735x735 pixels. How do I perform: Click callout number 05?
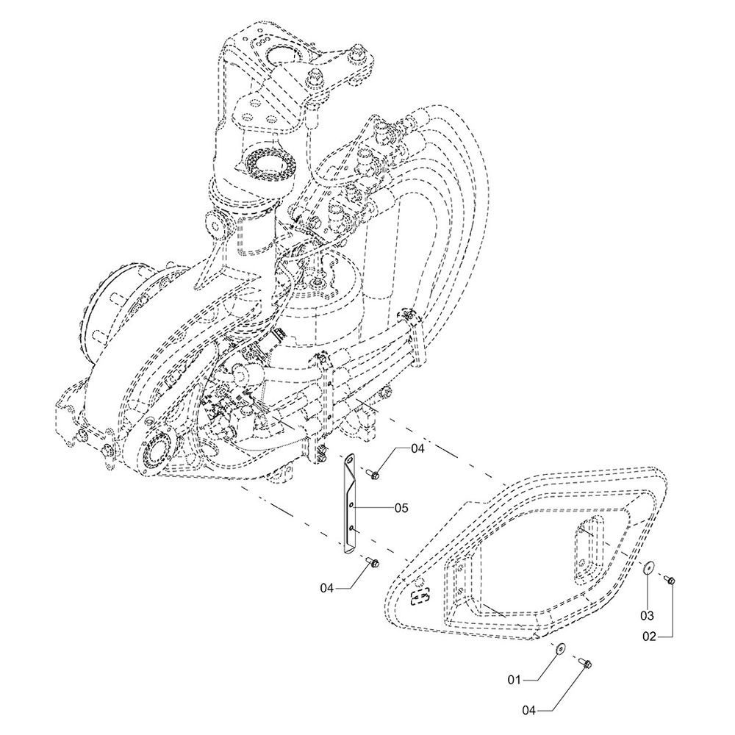pyautogui.click(x=401, y=508)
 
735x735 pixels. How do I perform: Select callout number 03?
pyautogui.click(x=647, y=614)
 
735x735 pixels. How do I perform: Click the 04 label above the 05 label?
pyautogui.click(x=417, y=448)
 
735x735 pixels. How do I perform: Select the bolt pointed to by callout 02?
pyautogui.click(x=670, y=581)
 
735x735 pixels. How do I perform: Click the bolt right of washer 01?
pyautogui.click(x=585, y=663)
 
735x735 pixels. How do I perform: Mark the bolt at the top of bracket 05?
pyautogui.click(x=373, y=475)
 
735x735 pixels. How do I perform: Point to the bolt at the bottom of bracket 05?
pyautogui.click(x=371, y=563)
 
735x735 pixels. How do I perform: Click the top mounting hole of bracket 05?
pyautogui.click(x=350, y=461)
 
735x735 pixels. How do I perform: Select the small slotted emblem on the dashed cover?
pyautogui.click(x=419, y=597)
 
